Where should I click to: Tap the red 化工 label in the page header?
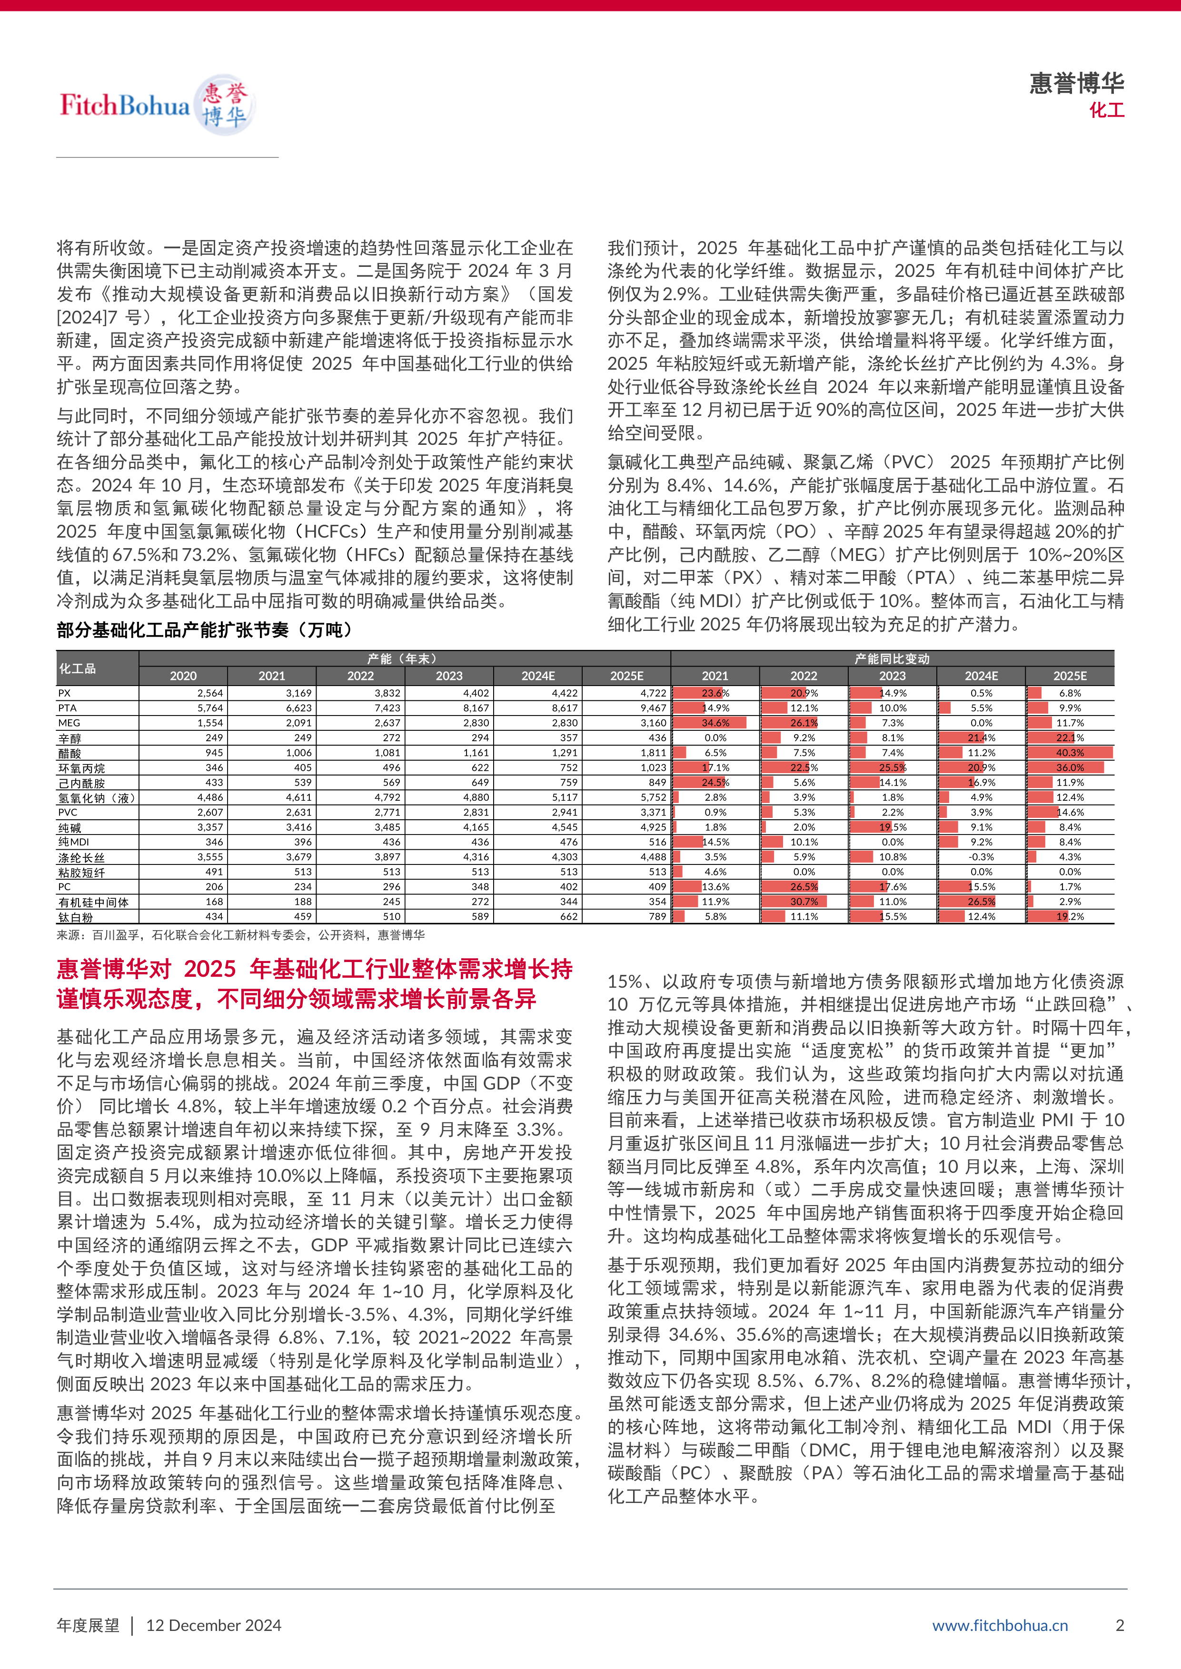coord(1106,110)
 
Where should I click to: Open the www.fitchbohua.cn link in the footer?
coord(1000,1625)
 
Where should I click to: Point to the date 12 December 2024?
coord(214,1625)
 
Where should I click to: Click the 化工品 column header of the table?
coord(78,668)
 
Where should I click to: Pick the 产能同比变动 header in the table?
coord(892,658)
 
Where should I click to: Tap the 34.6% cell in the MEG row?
coord(715,723)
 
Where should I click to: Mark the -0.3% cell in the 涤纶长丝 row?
coord(981,857)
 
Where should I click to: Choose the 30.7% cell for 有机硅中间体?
coord(804,902)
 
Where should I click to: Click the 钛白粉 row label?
coord(76,917)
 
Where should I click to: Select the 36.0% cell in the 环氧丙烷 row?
coord(1070,767)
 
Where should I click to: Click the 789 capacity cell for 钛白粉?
coord(657,917)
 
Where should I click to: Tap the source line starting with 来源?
coord(240,935)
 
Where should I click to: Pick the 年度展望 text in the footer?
coord(88,1625)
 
